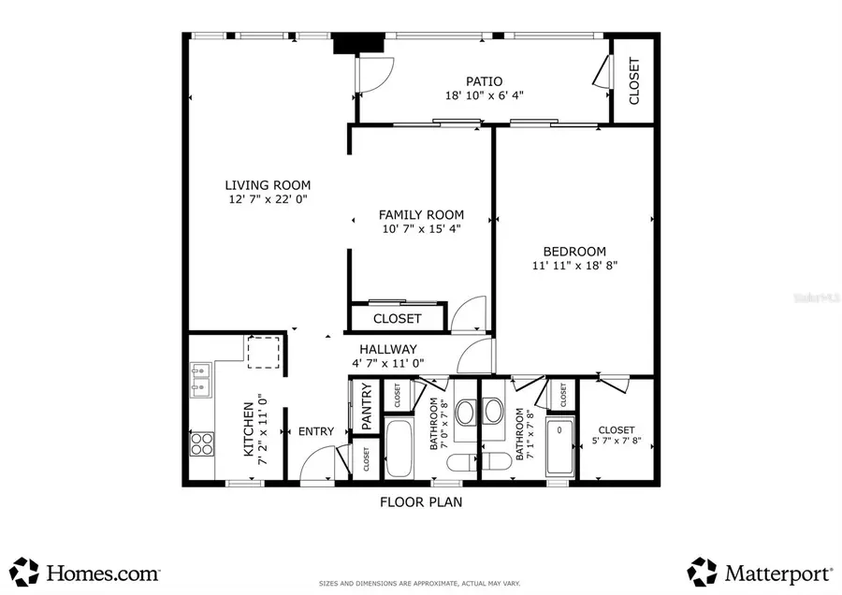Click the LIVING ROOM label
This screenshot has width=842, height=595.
pyautogui.click(x=267, y=185)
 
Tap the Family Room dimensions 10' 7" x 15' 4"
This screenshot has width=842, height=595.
pyautogui.click(x=421, y=228)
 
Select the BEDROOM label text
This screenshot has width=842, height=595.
pyautogui.click(x=574, y=252)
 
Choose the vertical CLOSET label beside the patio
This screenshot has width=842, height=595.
pyautogui.click(x=634, y=81)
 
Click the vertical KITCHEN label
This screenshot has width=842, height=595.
pyautogui.click(x=248, y=430)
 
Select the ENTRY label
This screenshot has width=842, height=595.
pyautogui.click(x=316, y=431)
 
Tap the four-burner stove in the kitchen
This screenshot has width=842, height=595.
pyautogui.click(x=200, y=443)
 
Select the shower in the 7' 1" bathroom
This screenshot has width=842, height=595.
pyautogui.click(x=559, y=447)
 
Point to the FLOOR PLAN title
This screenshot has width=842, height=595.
pyautogui.click(x=420, y=501)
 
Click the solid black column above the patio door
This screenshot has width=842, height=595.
pyautogui.click(x=358, y=44)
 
